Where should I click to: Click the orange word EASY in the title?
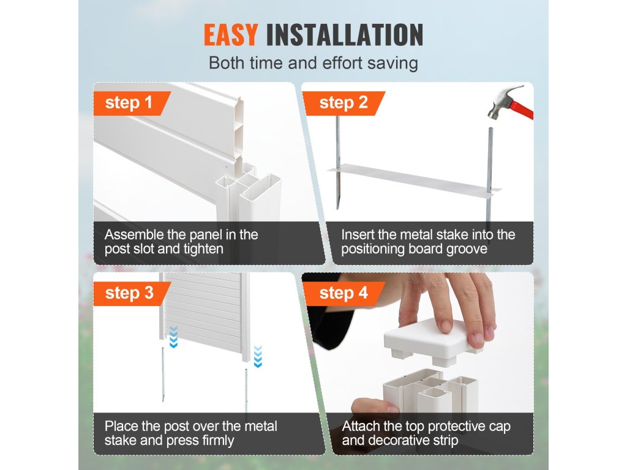coord(231,35)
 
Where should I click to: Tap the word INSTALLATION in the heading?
coord(345,35)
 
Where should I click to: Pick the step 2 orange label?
coord(343,103)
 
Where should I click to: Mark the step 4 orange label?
coord(343,293)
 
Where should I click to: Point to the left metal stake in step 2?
coord(338,162)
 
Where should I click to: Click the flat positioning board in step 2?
coord(415,181)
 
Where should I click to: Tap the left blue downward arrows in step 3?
coord(173,337)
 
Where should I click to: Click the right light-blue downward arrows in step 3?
coord(258,357)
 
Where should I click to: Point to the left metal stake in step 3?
coord(163,374)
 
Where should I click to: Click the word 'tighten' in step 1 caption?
coord(203,249)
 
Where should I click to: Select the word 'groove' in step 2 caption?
coord(467,249)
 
